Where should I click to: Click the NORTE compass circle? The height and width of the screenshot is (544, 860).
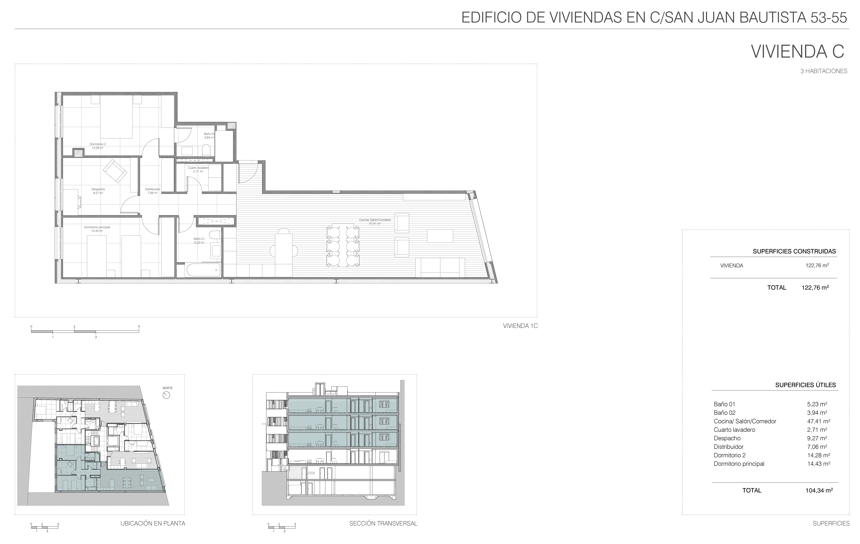pos(166,395)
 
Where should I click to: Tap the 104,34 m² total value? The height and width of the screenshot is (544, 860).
pos(819,490)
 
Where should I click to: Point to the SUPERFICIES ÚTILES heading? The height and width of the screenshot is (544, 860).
pos(805,385)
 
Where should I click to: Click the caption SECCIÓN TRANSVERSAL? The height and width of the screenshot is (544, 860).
pos(383,524)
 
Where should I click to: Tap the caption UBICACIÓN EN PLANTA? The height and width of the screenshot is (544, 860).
pos(153,524)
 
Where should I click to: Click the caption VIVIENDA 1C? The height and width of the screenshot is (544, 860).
pos(520,326)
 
